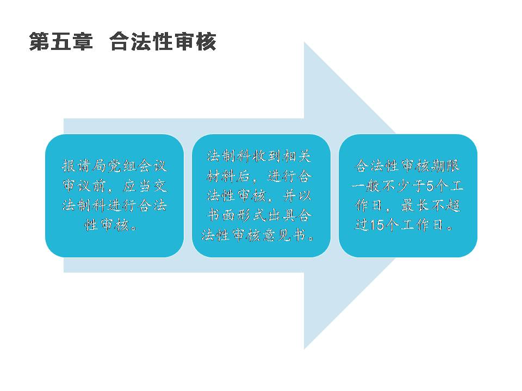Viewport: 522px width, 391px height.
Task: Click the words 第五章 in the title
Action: click(61, 42)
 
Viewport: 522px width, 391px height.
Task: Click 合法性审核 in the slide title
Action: click(163, 42)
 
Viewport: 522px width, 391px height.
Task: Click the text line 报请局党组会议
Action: click(114, 166)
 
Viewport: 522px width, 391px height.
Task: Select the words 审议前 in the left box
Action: click(84, 186)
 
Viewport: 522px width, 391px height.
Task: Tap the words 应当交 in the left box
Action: click(145, 186)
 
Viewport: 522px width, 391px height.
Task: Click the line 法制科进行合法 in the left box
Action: click(114, 205)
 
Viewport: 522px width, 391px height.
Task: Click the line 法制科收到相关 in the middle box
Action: click(259, 156)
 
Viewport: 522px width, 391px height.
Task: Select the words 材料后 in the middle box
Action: click(228, 176)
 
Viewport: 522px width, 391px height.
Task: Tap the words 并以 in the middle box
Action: click(297, 196)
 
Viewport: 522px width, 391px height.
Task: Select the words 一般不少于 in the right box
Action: click(388, 186)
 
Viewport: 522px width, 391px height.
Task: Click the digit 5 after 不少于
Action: click(430, 186)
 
